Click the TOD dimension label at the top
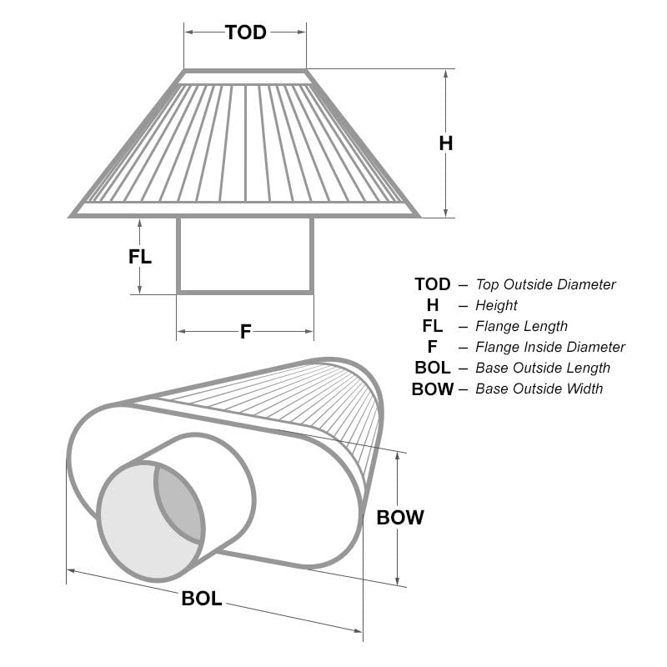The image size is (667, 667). click(x=246, y=33)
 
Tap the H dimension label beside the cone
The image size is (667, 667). click(x=446, y=143)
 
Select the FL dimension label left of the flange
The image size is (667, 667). click(x=140, y=257)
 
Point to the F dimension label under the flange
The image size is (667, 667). click(x=246, y=332)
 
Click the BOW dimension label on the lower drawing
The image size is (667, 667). click(x=400, y=518)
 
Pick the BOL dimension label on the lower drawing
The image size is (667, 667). click(x=202, y=599)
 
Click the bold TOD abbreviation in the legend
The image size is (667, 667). click(x=433, y=284)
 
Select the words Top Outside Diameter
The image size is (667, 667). click(x=546, y=284)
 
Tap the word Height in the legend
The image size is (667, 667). click(x=496, y=305)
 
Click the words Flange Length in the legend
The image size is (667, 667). click(x=522, y=326)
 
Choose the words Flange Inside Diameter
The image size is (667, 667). click(x=550, y=347)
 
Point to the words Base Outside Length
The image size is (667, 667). click(x=543, y=368)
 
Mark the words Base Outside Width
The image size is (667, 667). click(x=539, y=389)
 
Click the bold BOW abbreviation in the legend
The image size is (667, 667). click(x=433, y=389)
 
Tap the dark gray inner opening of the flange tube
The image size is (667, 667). click(x=178, y=502)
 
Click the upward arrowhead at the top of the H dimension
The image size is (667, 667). click(x=446, y=74)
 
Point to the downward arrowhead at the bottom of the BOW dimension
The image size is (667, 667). click(x=398, y=579)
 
